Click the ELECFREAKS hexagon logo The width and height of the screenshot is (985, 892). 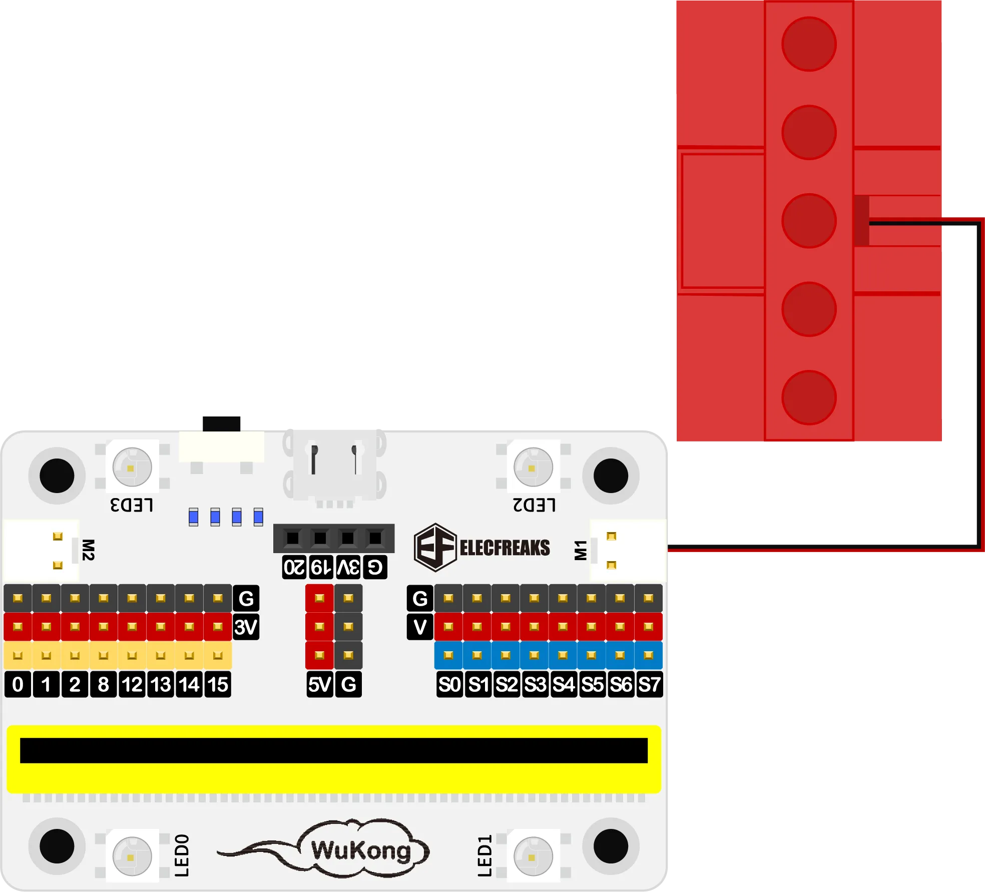[435, 547]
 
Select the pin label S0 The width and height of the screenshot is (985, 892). [449, 684]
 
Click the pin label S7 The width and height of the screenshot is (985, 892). [649, 684]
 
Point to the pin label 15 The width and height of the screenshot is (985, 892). [218, 684]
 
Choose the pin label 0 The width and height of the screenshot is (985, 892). [18, 684]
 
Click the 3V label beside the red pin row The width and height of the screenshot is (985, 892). [246, 627]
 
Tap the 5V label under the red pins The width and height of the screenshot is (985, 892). [320, 684]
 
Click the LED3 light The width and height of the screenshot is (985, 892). [132, 467]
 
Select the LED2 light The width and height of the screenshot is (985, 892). [533, 467]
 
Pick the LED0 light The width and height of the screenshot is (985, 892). [132, 856]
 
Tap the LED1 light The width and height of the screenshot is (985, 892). [533, 856]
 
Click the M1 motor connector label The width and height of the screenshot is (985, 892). [581, 550]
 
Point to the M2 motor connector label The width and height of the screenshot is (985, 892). [88, 550]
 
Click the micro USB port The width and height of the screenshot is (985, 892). [334, 466]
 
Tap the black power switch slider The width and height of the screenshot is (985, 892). [222, 423]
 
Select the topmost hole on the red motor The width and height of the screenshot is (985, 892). [809, 44]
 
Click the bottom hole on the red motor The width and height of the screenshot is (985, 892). [809, 397]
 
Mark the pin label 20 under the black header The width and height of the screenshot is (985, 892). [294, 567]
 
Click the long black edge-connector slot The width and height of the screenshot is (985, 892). [334, 750]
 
